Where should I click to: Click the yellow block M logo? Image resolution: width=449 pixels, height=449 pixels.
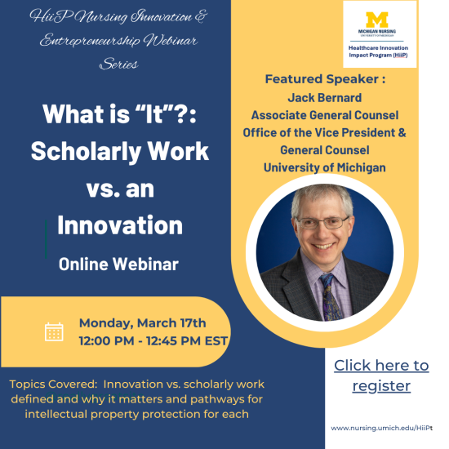click(x=377, y=20)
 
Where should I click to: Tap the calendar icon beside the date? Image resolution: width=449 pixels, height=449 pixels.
click(x=54, y=332)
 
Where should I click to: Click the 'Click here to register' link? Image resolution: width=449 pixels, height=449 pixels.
click(x=381, y=376)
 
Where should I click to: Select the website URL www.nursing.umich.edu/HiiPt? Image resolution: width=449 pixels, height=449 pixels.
click(x=381, y=428)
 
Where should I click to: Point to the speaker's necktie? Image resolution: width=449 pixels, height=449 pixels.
click(x=331, y=296)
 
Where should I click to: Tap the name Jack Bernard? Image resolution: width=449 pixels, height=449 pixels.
click(x=325, y=98)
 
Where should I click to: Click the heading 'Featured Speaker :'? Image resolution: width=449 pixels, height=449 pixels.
click(x=325, y=79)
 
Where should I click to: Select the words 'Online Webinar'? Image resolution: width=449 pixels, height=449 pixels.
click(x=118, y=264)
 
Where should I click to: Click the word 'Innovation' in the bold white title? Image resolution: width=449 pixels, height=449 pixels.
click(x=120, y=225)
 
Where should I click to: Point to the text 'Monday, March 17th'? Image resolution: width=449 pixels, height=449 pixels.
click(x=142, y=323)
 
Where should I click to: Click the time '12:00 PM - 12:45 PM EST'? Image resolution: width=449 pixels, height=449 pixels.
click(x=153, y=341)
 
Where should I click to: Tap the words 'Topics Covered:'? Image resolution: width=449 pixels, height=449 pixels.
click(x=54, y=384)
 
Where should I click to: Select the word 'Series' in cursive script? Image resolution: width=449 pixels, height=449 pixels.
click(x=119, y=64)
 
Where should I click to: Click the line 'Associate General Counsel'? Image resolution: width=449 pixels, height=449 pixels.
click(x=325, y=115)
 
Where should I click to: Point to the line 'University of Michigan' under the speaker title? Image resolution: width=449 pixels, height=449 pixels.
click(x=325, y=168)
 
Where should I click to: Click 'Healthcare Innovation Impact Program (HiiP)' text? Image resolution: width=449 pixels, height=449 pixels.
click(x=378, y=51)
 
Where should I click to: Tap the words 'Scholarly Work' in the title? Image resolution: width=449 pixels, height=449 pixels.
click(x=120, y=152)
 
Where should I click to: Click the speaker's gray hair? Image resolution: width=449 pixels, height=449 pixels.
click(x=322, y=196)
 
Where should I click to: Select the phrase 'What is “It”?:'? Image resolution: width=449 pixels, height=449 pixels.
click(x=120, y=114)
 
